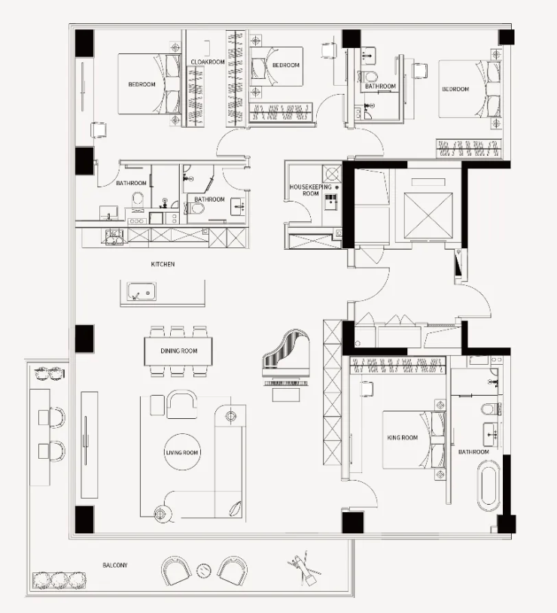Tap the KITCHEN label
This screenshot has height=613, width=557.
point(163,264)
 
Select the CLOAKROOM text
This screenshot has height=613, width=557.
point(208,62)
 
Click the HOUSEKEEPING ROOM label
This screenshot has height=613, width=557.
point(311,190)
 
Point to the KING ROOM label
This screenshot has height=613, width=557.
point(403,438)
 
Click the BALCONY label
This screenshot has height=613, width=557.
point(115,565)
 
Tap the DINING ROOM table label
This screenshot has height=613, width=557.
point(178,351)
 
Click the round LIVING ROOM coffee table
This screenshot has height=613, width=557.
point(182,452)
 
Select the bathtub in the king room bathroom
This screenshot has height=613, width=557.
point(489,487)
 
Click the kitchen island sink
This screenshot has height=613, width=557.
point(142,291)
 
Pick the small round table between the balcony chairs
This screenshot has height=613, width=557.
point(204,571)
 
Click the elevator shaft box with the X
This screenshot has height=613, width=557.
point(428,215)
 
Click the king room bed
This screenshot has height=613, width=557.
point(414,440)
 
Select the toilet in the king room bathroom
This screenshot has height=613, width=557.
point(491,409)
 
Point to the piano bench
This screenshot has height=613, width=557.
point(286,396)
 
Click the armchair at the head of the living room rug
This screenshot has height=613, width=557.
point(182,404)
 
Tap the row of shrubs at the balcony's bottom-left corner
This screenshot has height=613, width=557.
point(59,580)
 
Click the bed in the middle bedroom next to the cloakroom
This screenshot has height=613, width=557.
point(276,67)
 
